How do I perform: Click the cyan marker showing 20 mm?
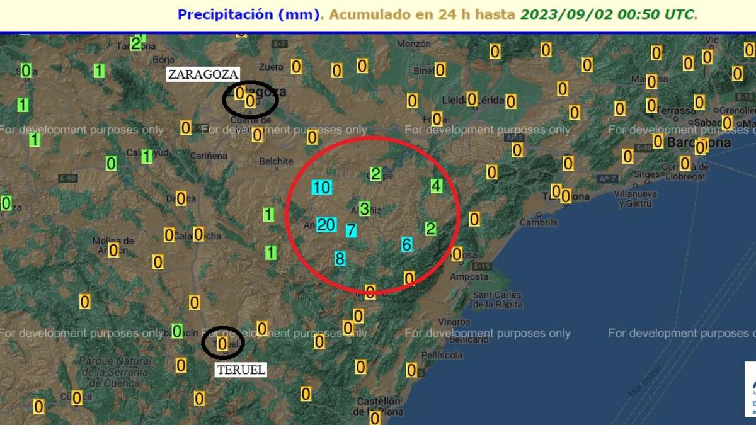click(326, 225)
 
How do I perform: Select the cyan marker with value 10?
click(321, 187)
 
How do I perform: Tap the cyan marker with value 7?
click(351, 230)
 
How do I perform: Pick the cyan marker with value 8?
click(340, 258)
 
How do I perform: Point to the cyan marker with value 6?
click(407, 244)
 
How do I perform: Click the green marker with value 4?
click(437, 186)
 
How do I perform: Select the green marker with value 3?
click(364, 209)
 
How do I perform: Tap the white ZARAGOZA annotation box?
click(202, 74)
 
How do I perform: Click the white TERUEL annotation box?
click(241, 370)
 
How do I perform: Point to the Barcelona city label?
click(699, 142)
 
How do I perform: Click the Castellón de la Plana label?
click(378, 406)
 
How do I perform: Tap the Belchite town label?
click(276, 161)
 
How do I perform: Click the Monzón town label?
click(414, 44)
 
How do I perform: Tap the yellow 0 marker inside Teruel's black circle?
click(222, 344)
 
